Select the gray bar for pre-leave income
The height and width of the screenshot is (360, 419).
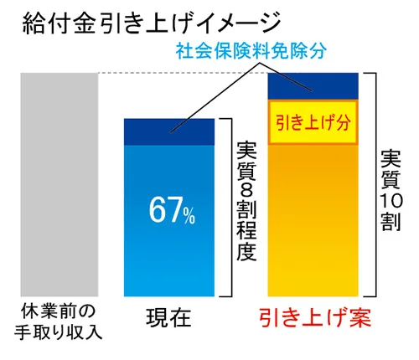coord(58,184)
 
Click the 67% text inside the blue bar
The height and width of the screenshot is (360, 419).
coord(173,212)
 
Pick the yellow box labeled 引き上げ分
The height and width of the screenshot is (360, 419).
coord(312,121)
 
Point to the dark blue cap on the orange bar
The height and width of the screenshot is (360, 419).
coord(312,85)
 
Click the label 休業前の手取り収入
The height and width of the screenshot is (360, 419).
coord(59,321)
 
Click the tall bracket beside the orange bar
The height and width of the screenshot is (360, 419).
coord(373,184)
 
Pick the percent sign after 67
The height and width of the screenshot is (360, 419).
coord(189,216)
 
